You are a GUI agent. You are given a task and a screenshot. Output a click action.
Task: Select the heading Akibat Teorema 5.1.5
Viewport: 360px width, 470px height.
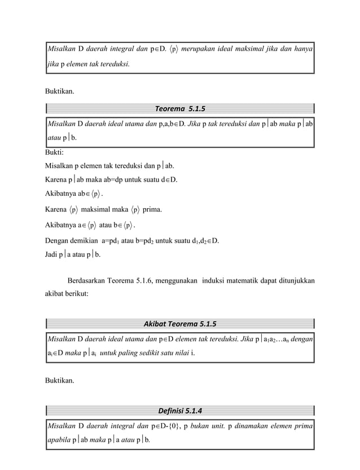[x=180, y=323]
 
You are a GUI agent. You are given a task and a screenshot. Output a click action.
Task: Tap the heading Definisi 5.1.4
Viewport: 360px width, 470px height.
[x=180, y=409]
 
